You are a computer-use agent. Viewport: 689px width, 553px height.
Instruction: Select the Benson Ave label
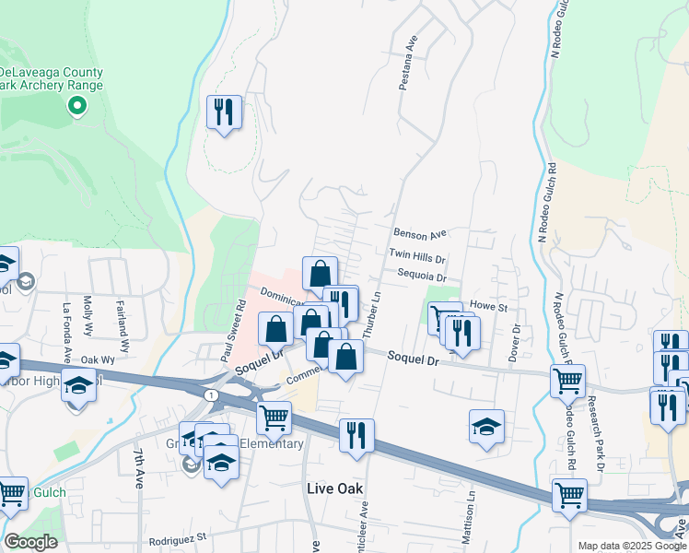(x=419, y=234)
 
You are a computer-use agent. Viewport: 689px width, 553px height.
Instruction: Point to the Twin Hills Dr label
(x=416, y=255)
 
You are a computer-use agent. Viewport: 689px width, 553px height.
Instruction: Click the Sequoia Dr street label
(x=422, y=276)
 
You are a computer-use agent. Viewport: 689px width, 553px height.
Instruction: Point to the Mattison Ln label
(x=471, y=506)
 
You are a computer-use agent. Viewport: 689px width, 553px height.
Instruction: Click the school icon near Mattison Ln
(x=486, y=427)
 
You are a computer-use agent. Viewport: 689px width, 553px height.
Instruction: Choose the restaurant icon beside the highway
(x=356, y=436)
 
